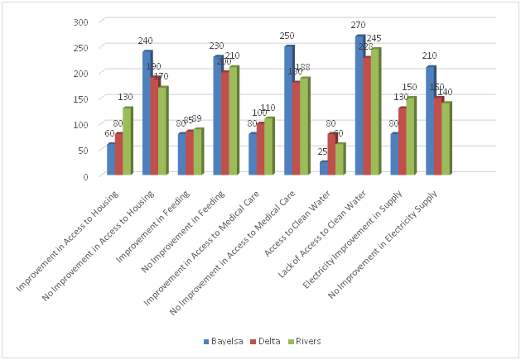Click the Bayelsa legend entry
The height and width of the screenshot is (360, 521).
click(x=226, y=342)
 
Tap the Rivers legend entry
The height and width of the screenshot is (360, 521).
click(x=306, y=342)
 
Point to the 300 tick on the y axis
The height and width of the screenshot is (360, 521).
click(x=80, y=22)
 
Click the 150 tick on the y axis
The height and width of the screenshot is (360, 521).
click(x=80, y=98)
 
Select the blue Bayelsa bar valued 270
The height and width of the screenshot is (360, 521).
click(x=359, y=105)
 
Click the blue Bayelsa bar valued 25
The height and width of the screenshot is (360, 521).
click(x=324, y=168)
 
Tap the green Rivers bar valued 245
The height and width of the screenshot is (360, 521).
click(x=375, y=112)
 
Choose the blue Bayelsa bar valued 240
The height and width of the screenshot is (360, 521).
click(x=147, y=113)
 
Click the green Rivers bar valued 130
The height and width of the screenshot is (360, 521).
click(x=127, y=142)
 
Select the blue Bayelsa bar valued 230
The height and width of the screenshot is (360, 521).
click(x=217, y=116)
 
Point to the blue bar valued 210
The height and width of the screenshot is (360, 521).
click(x=430, y=121)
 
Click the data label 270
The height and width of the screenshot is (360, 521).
click(x=360, y=26)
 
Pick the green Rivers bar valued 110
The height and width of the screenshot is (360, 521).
click(x=269, y=146)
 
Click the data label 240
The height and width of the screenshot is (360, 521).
click(x=147, y=41)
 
